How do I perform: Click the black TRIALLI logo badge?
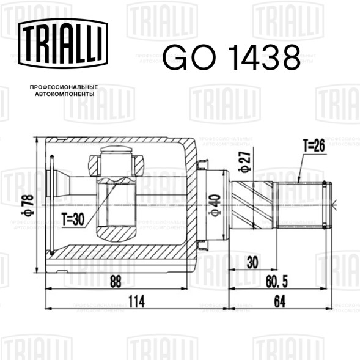click(63, 43)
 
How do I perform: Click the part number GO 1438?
click(232, 57)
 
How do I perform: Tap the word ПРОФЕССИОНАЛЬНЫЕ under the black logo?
click(64, 87)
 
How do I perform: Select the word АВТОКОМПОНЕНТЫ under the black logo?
click(65, 94)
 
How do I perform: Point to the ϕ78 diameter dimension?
click(28, 205)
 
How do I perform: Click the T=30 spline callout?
click(73, 219)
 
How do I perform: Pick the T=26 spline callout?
click(314, 145)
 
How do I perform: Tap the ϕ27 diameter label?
click(244, 161)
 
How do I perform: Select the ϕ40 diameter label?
click(215, 205)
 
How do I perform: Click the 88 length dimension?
click(116, 282)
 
